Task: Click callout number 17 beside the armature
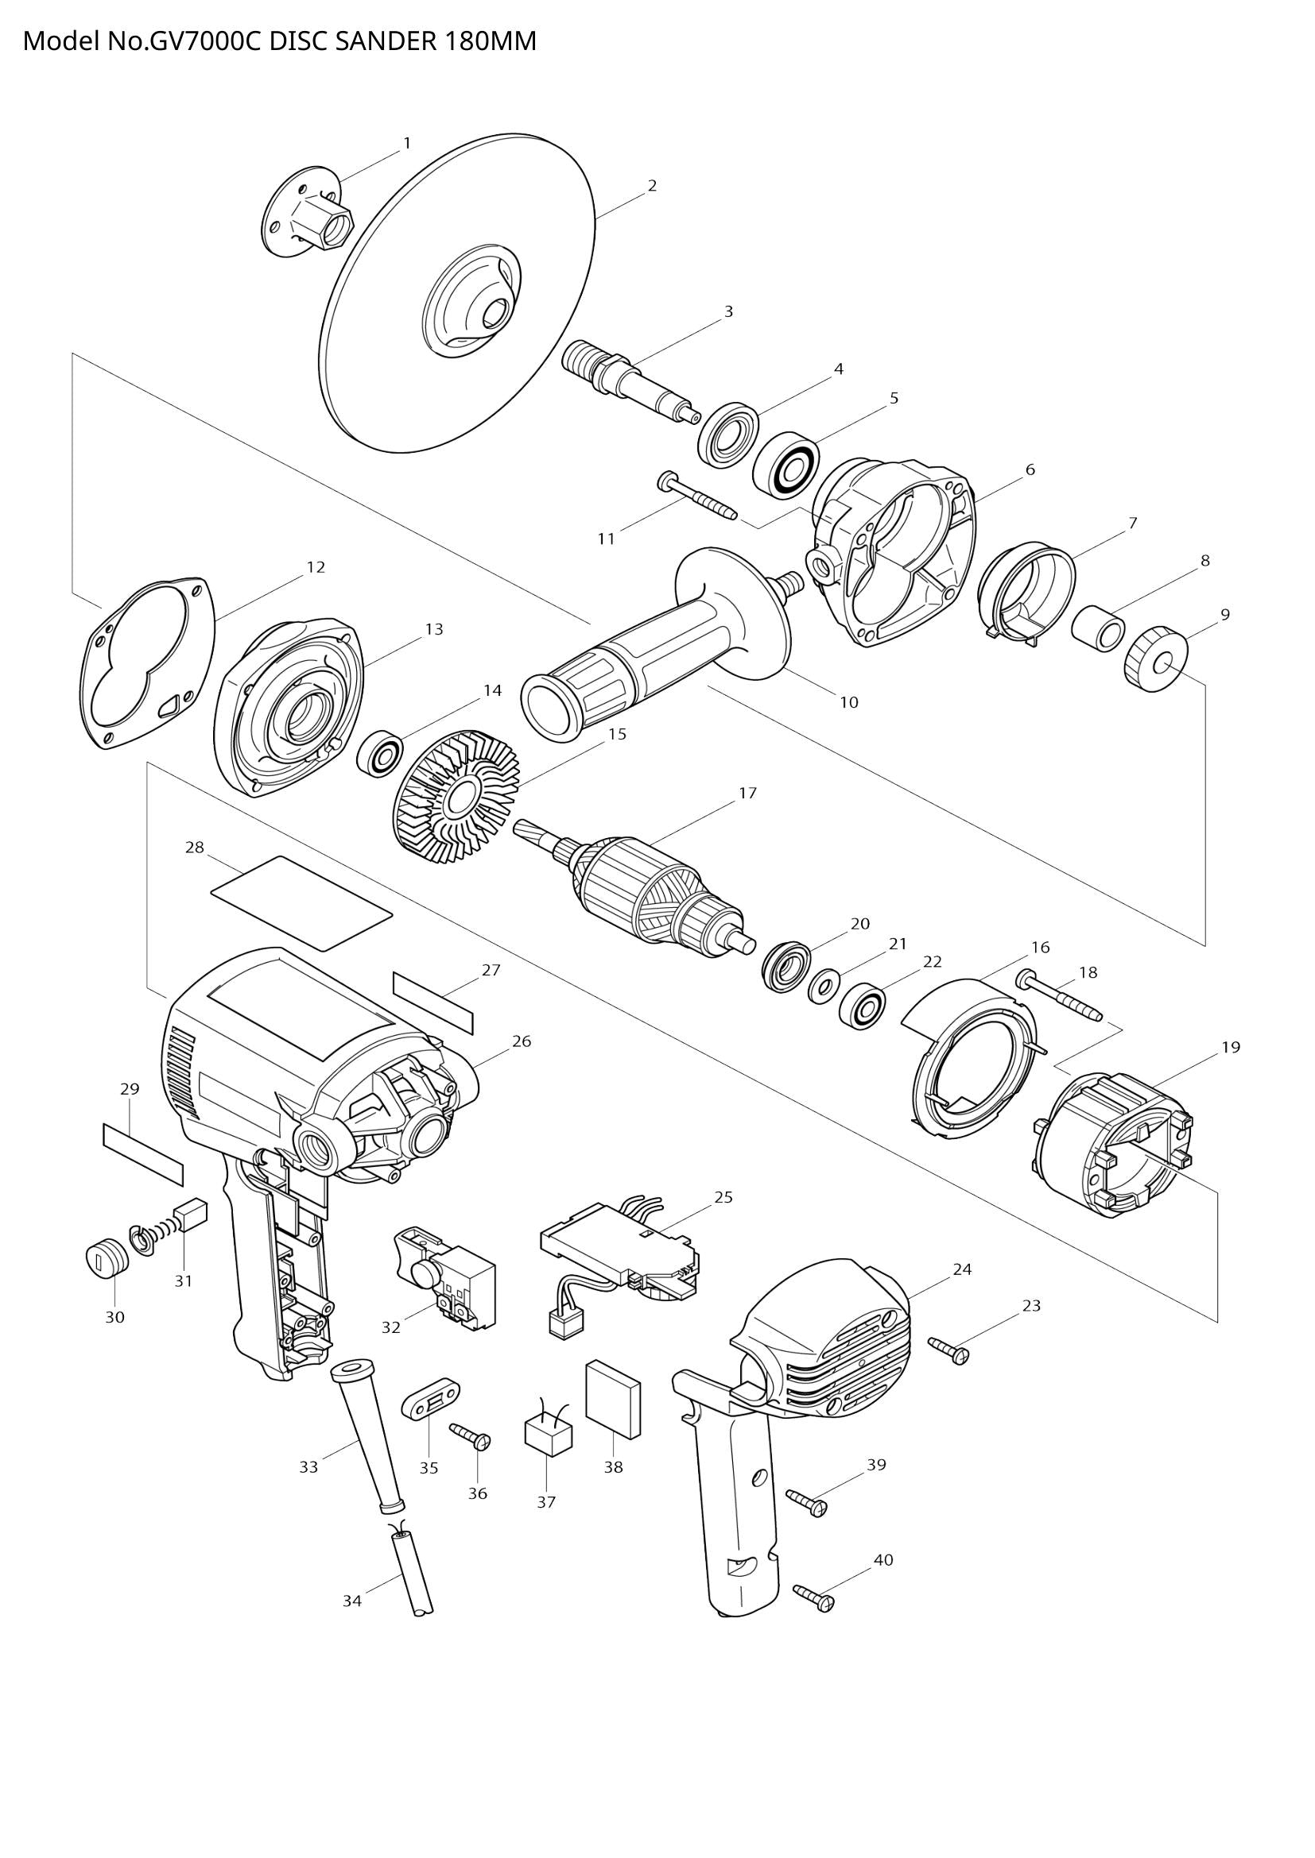pos(747,793)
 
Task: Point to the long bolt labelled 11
pos(696,496)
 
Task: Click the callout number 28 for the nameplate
pos(194,848)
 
